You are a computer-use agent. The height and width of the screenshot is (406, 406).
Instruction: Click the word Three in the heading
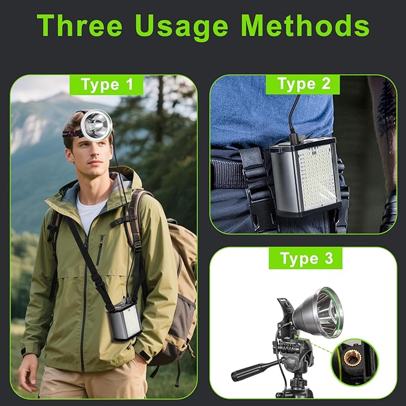[80, 26]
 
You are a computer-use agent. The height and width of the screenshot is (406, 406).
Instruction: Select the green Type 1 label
[107, 84]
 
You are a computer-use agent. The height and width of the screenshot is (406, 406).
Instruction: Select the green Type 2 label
[304, 83]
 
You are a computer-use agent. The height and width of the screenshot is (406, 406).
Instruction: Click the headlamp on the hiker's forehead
[96, 124]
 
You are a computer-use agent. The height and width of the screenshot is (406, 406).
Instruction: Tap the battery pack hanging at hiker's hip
[126, 318]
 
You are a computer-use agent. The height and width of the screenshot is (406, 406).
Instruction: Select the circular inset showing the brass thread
[355, 362]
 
